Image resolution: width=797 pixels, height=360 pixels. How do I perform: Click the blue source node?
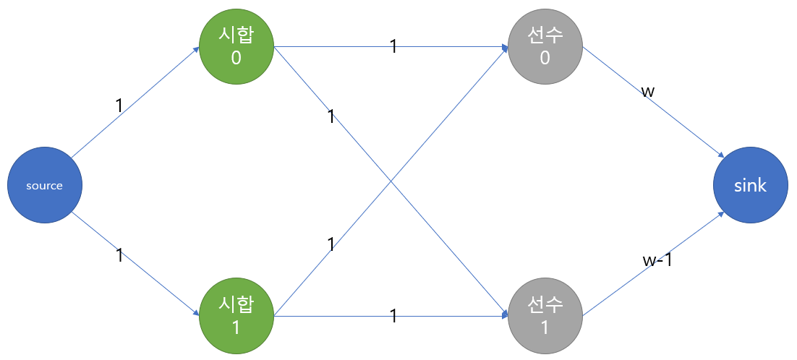coord(45,186)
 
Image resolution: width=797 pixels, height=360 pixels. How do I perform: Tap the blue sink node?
coord(750,186)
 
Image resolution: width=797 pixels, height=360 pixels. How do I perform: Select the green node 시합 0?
coord(236,48)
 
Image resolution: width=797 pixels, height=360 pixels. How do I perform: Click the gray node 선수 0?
coord(545,48)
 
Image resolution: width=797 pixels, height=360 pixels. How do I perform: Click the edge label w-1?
coord(657,260)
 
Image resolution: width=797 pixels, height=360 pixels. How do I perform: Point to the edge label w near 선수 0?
coord(648,93)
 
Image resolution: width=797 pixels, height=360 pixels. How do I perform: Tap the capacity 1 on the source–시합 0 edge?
coord(119,106)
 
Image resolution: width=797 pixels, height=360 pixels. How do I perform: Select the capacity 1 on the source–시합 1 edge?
coord(120,256)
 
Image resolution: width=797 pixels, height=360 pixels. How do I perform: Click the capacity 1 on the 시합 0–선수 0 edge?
coord(393,47)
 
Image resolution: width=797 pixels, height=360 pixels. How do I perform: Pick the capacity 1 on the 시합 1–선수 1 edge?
coord(393,316)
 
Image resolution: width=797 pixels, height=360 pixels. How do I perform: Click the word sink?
coord(750,186)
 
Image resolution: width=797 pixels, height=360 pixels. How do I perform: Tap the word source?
coord(45,186)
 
